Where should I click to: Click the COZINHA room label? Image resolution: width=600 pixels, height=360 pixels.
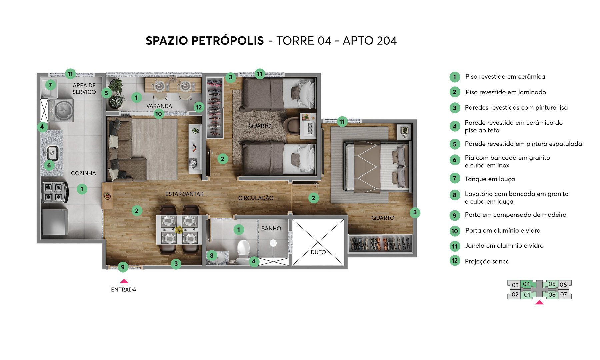pyautogui.click(x=83, y=173)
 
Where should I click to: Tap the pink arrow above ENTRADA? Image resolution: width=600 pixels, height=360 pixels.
pyautogui.click(x=124, y=281)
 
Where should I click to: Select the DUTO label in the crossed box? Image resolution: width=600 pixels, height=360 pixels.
pyautogui.click(x=318, y=252)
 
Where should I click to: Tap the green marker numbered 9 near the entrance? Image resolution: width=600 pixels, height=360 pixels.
pyautogui.click(x=123, y=267)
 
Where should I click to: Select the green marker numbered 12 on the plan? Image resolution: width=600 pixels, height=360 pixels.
pyautogui.click(x=199, y=107)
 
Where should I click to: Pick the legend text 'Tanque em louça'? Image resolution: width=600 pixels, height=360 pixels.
pyautogui.click(x=490, y=179)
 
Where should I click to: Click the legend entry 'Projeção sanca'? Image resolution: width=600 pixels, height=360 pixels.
pyautogui.click(x=487, y=261)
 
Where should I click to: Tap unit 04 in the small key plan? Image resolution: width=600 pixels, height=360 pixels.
pyautogui.click(x=526, y=284)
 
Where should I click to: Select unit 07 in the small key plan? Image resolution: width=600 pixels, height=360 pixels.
pyautogui.click(x=563, y=294)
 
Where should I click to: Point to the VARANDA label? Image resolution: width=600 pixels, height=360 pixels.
pyautogui.click(x=159, y=106)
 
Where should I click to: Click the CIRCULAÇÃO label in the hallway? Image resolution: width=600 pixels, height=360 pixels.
pyautogui.click(x=256, y=198)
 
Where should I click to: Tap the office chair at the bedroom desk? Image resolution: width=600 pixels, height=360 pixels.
pyautogui.click(x=292, y=125)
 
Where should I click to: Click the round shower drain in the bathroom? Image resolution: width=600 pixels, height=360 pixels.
pyautogui.click(x=273, y=243)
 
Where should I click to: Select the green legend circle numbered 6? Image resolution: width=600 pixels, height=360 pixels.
pyautogui.click(x=454, y=160)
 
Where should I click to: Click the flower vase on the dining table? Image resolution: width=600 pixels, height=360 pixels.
pyautogui.click(x=179, y=230)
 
